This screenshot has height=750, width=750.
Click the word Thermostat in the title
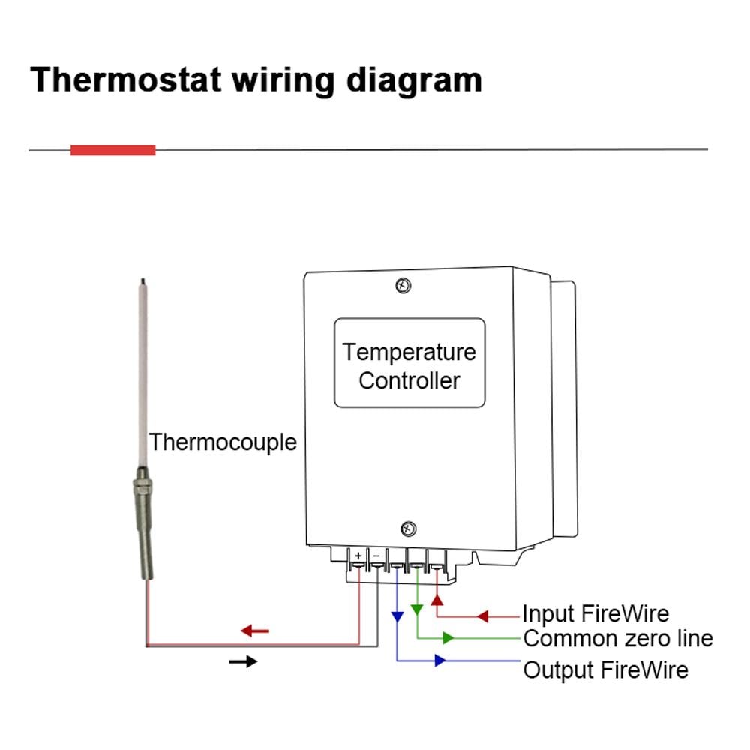(x=125, y=79)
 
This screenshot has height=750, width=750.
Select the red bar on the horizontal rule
(x=112, y=150)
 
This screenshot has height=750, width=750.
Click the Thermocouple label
(x=222, y=442)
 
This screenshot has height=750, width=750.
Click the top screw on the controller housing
(x=403, y=285)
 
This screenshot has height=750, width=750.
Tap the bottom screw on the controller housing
(x=407, y=529)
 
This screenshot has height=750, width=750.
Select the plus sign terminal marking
(x=358, y=556)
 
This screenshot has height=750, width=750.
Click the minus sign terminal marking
(x=376, y=556)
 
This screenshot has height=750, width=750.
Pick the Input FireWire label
(x=595, y=614)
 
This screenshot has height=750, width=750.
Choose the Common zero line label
(x=617, y=639)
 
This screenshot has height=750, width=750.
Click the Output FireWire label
(x=604, y=669)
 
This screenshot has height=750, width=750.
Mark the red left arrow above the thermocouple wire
(x=255, y=631)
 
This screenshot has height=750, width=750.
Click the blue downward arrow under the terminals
(x=397, y=616)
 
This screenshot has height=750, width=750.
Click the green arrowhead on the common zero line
(x=448, y=638)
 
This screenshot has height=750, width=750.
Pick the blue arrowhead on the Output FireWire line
(x=439, y=661)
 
